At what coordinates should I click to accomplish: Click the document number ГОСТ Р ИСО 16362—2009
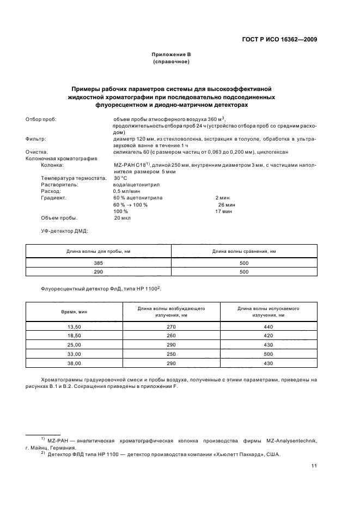[x=280, y=39]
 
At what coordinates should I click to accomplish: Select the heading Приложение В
[x=171, y=55]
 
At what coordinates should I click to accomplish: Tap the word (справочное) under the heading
[x=171, y=62]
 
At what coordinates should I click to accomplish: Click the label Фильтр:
[x=36, y=139]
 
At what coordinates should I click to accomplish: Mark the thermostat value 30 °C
[x=120, y=178]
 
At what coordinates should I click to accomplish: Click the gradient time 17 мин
[x=223, y=211]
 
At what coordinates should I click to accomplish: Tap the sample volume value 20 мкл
[x=122, y=217]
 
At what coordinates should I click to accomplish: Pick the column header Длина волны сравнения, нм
[x=243, y=251]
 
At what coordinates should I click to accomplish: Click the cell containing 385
[x=98, y=263]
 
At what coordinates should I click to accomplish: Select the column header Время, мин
[x=74, y=312]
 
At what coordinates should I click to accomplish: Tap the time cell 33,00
[x=74, y=354]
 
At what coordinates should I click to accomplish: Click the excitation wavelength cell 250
[x=171, y=354]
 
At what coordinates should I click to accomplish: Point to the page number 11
[x=314, y=465]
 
